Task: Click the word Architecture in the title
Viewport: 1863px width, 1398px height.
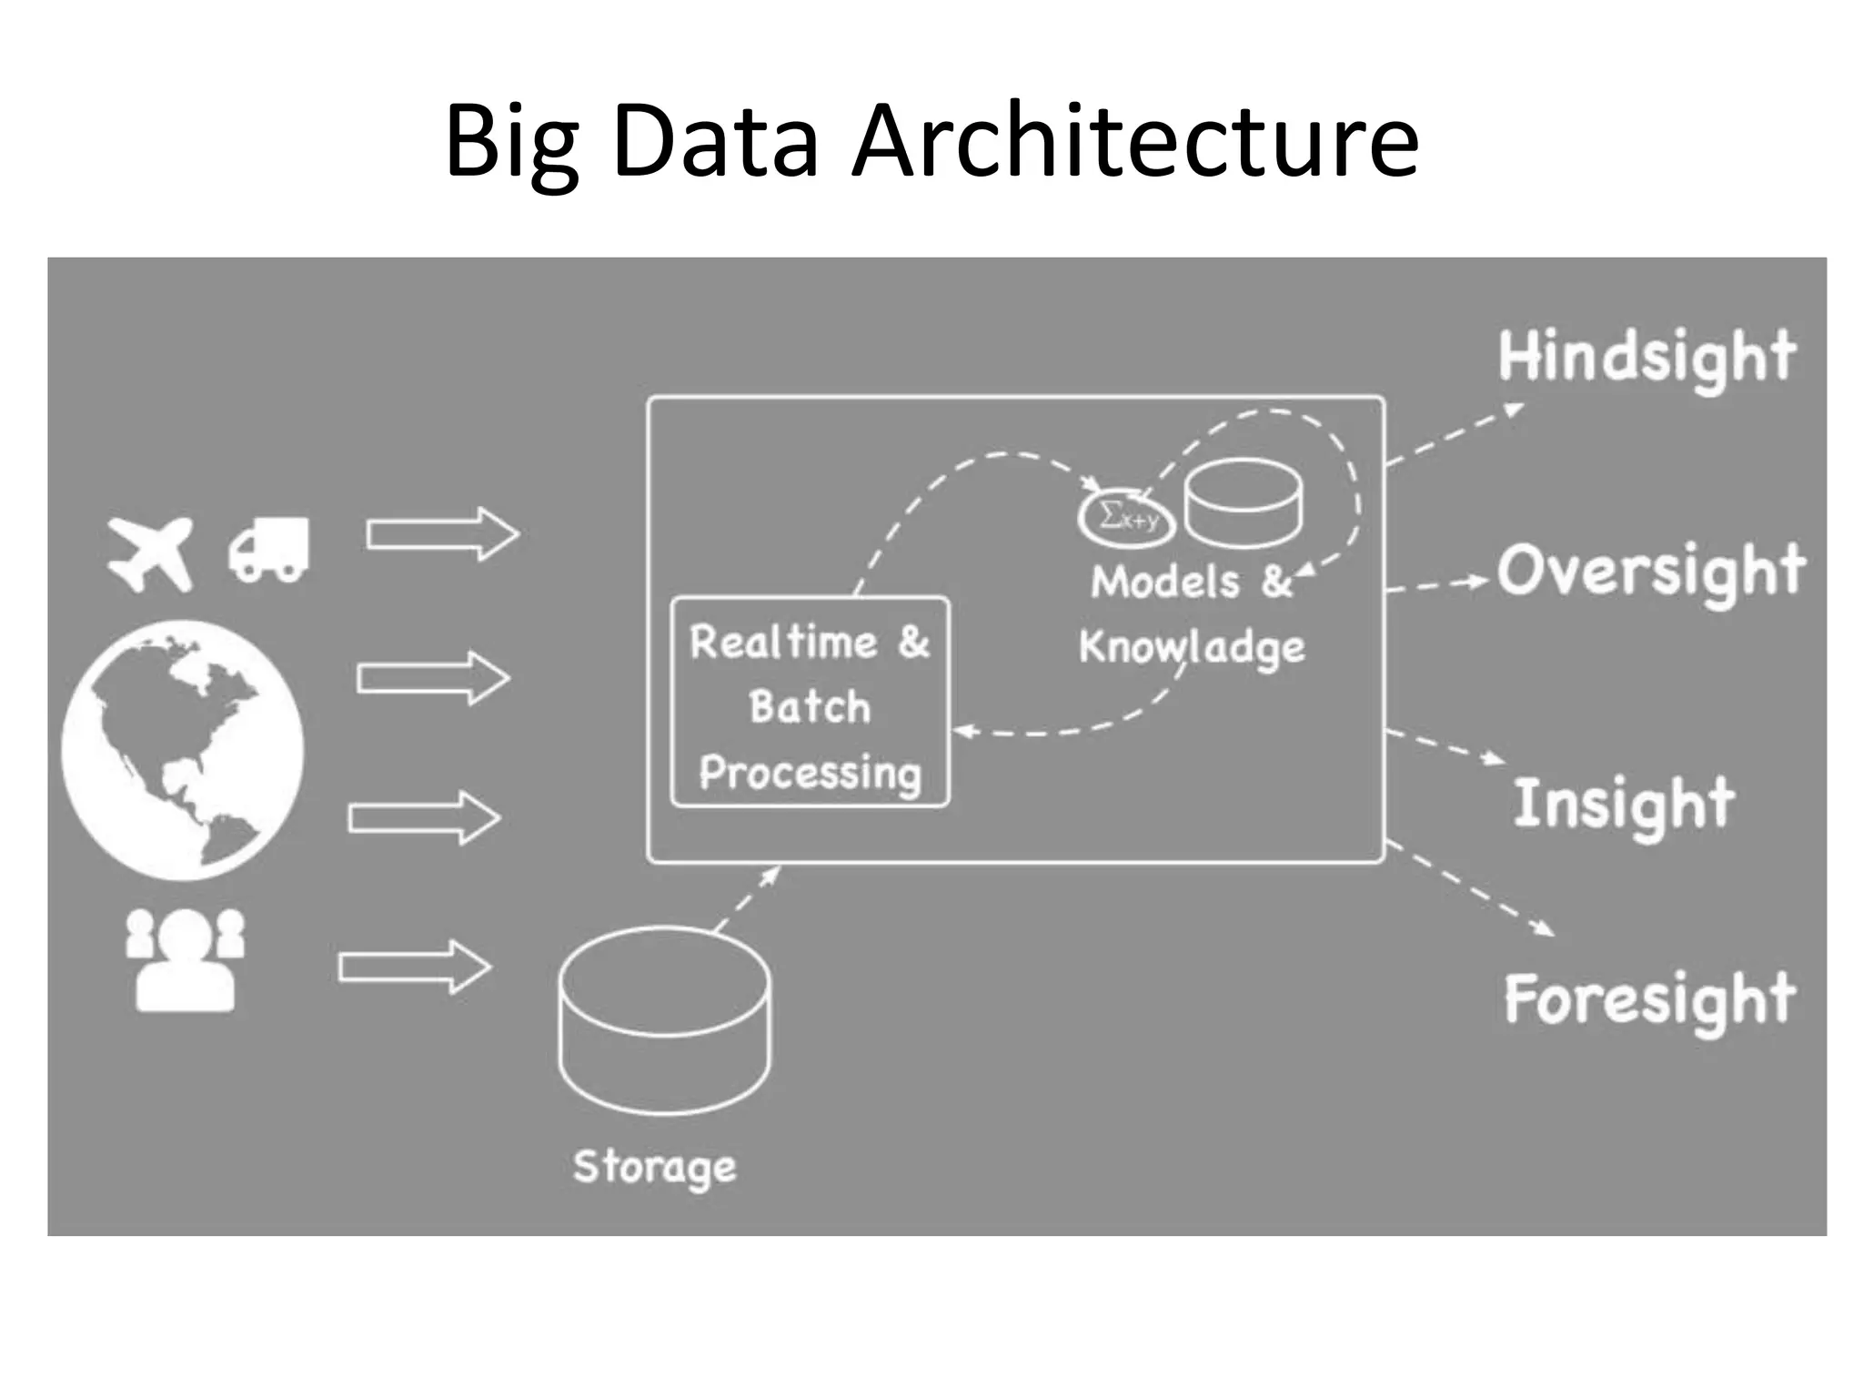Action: pyautogui.click(x=1134, y=141)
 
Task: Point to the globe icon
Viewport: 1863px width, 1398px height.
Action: pyautogui.click(x=182, y=750)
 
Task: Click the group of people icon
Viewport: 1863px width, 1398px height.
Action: pyautogui.click(x=186, y=959)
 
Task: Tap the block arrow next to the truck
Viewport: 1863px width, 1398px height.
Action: pyautogui.click(x=442, y=533)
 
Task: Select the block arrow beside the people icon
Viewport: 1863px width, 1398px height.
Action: pyautogui.click(x=415, y=966)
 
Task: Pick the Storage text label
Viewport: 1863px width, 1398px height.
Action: pyautogui.click(x=654, y=1167)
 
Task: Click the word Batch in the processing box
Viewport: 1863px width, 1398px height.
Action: pyautogui.click(x=810, y=707)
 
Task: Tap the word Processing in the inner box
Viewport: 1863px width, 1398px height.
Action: pyautogui.click(x=810, y=773)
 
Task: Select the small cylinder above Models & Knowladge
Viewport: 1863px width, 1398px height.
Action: pyautogui.click(x=1243, y=503)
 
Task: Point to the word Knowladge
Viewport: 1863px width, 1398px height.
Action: pyautogui.click(x=1192, y=648)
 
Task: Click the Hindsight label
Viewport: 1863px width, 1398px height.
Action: pyautogui.click(x=1646, y=358)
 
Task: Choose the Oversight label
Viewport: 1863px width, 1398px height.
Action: pyautogui.click(x=1651, y=572)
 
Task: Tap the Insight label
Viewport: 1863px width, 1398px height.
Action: pyautogui.click(x=1624, y=805)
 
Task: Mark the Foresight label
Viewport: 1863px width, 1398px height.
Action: pyautogui.click(x=1649, y=999)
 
